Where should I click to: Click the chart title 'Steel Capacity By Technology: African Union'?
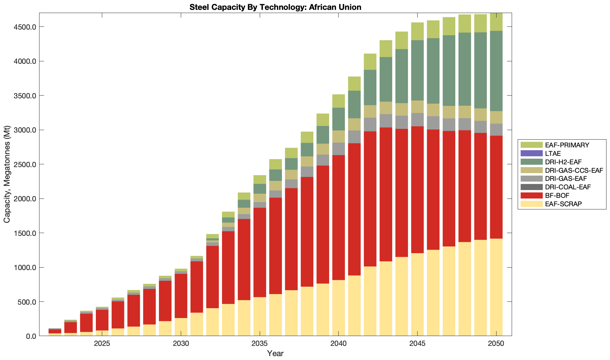(275, 7)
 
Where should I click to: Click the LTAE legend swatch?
(531, 153)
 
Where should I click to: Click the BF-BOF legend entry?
(557, 195)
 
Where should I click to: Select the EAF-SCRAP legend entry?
(563, 204)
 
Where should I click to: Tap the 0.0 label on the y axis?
(31, 336)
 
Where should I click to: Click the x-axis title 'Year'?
(275, 353)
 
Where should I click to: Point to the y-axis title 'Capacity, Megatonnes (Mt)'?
(7, 175)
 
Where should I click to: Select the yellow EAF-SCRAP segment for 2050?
(496, 287)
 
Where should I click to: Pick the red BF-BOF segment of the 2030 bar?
(181, 296)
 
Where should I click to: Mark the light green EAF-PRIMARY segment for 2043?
(386, 49)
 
